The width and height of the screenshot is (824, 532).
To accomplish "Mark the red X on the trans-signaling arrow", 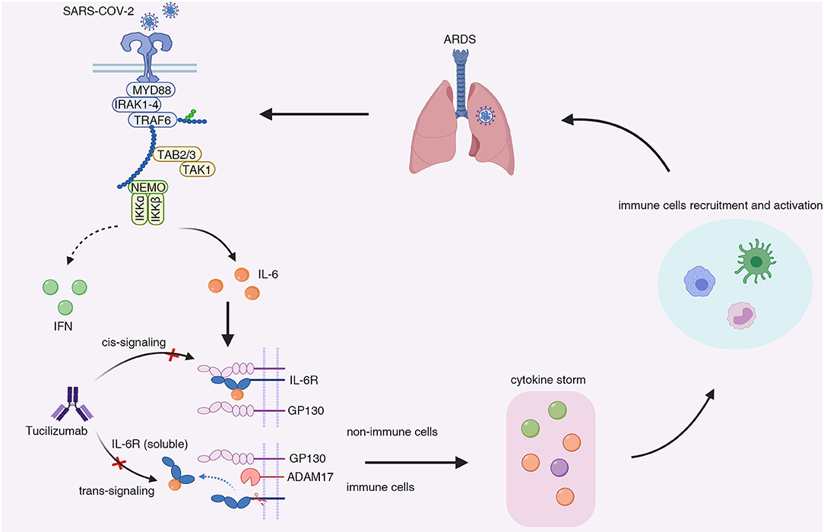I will point(116,462).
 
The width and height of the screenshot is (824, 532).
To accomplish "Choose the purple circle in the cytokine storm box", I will point(559,467).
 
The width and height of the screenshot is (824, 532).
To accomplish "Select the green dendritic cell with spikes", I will point(756,262).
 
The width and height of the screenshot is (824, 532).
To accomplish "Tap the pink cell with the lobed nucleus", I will point(743,315).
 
